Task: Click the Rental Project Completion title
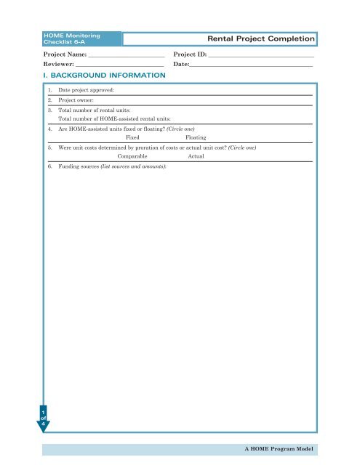point(261,38)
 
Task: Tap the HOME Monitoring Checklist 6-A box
point(70,38)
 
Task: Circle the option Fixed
point(132,137)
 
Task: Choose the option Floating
point(196,137)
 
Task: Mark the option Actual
point(195,156)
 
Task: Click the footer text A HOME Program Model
point(281,449)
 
